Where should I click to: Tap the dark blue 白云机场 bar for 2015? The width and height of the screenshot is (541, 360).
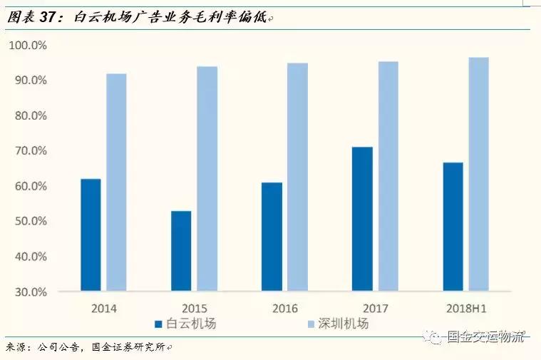pos(181,250)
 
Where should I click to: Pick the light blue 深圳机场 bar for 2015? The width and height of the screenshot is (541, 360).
pos(207,178)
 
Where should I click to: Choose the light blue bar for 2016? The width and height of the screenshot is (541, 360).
pos(297,177)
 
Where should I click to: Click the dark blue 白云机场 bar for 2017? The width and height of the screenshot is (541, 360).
pos(362,219)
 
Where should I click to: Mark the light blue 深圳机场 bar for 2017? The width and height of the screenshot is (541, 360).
pos(388,176)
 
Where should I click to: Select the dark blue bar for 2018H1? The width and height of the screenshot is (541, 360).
pos(453,227)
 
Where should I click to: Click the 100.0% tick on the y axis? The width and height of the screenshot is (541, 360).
pos(28,46)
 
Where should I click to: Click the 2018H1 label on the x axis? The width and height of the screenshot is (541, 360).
pos(466,309)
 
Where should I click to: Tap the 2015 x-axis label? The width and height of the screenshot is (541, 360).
pos(195,309)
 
